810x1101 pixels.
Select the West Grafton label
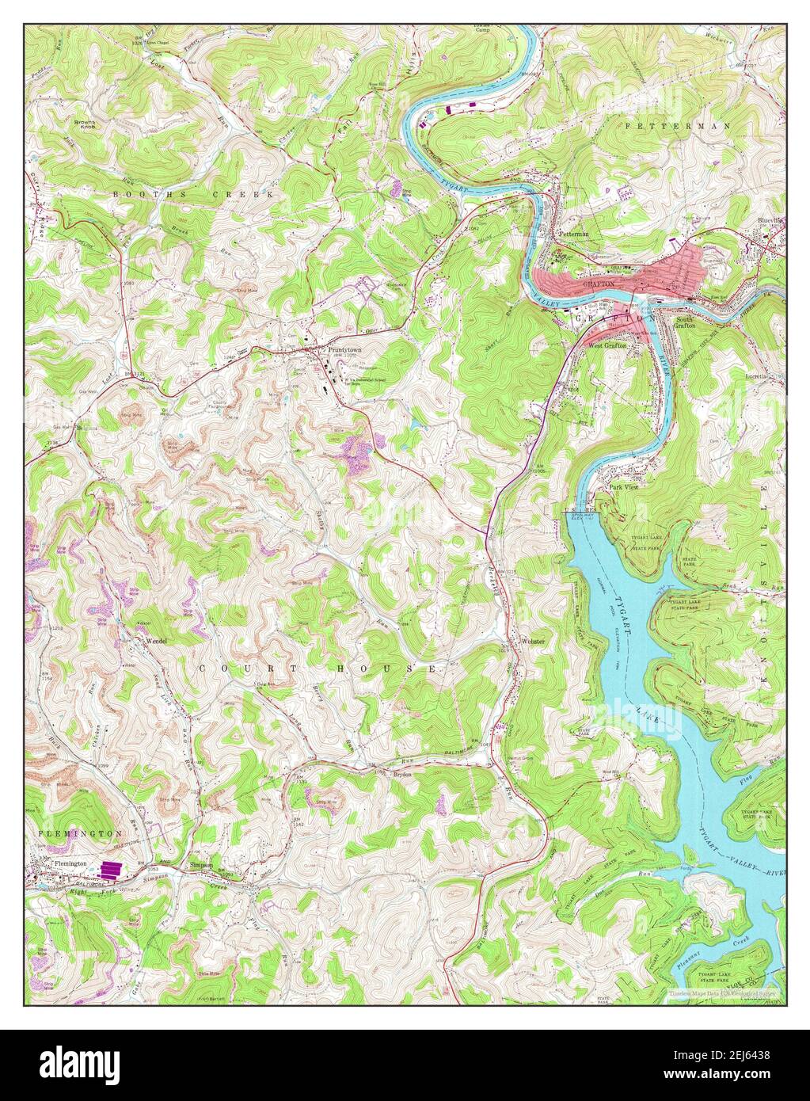[607, 346]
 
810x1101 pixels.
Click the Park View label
[623, 487]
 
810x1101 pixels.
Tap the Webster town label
[533, 641]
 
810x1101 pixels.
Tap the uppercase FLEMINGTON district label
[79, 834]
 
